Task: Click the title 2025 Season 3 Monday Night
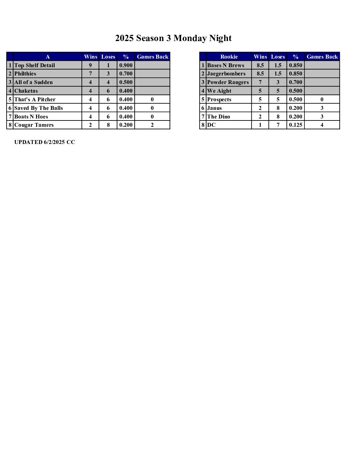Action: click(x=173, y=38)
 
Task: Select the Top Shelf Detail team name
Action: click(x=35, y=65)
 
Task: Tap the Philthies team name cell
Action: click(x=25, y=74)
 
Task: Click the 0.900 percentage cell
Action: click(x=126, y=65)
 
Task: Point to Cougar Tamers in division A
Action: click(x=34, y=125)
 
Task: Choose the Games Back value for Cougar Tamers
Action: click(x=152, y=125)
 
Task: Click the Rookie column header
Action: click(x=229, y=57)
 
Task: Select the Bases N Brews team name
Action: click(x=226, y=65)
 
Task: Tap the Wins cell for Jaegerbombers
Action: click(x=260, y=74)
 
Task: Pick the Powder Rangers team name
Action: click(x=228, y=82)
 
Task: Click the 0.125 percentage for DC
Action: click(x=295, y=125)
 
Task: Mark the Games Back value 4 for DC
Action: click(x=322, y=125)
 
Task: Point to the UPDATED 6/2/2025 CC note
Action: click(x=45, y=142)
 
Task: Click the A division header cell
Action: click(x=48, y=57)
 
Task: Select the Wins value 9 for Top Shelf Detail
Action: click(x=90, y=65)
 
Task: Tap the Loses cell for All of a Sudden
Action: click(x=108, y=82)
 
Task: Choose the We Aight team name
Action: click(x=219, y=91)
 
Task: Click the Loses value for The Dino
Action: click(x=278, y=117)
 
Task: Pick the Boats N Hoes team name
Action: click(x=31, y=117)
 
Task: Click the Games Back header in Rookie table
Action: click(x=322, y=57)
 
